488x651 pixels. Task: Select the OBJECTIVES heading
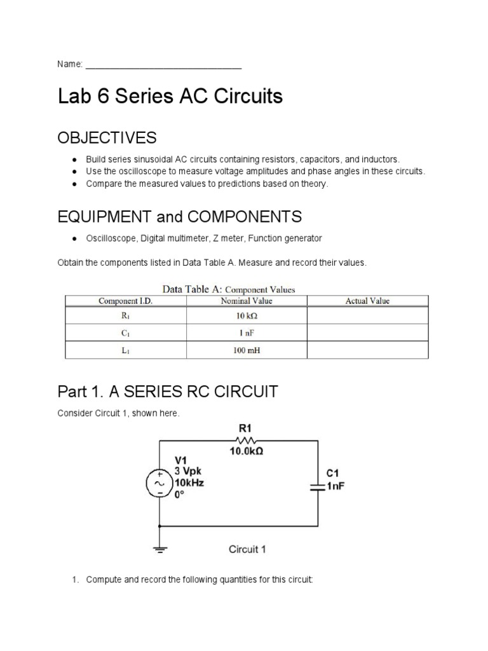(x=107, y=138)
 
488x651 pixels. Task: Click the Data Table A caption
(x=229, y=289)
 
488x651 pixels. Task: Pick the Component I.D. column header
(x=125, y=301)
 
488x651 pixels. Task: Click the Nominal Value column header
(x=246, y=301)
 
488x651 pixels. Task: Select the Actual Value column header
(x=367, y=301)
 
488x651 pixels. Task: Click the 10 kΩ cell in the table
(x=247, y=315)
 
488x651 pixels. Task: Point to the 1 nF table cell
(x=247, y=332)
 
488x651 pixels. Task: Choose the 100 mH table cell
(x=247, y=350)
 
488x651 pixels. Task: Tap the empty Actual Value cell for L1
(x=367, y=350)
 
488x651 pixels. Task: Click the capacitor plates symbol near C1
(x=318, y=486)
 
